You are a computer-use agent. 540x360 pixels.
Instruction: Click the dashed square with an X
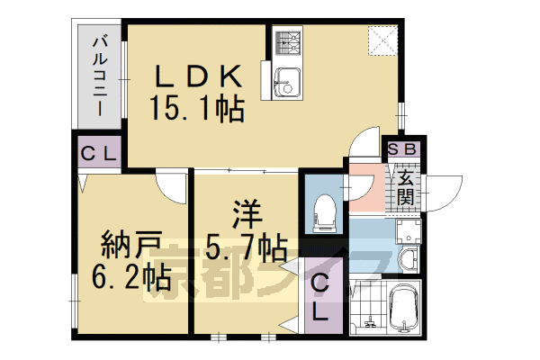coord(382,40)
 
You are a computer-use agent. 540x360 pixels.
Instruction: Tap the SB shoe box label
coord(400,149)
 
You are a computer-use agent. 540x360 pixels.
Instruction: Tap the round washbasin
coord(406,260)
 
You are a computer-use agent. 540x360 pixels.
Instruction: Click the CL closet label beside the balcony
coord(97,153)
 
